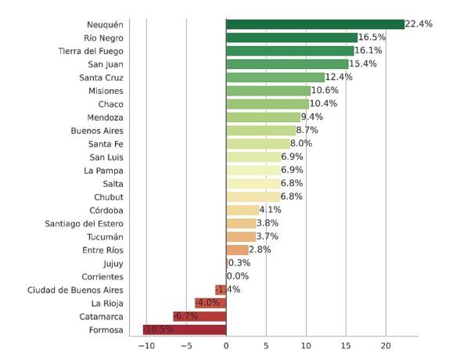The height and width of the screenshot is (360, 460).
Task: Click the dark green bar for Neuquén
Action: (314, 24)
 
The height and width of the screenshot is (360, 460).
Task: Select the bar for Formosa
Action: (185, 329)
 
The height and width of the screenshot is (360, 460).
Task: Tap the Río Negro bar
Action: (291, 38)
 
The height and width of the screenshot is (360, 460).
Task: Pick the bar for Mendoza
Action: (263, 117)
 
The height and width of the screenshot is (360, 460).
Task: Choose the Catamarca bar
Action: (199, 316)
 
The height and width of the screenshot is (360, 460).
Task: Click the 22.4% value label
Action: (419, 24)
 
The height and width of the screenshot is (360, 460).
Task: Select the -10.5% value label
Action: (159, 329)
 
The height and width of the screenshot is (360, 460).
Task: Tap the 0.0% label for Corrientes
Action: (237, 276)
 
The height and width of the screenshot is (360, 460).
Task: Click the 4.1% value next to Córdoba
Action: (270, 210)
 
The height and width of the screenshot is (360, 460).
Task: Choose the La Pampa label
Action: (104, 170)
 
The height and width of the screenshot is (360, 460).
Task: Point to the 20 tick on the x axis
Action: (385, 346)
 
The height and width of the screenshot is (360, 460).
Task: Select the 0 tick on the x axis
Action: (226, 346)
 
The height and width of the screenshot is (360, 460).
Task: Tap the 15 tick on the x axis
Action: (345, 346)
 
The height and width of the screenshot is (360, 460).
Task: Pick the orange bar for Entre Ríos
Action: (237, 250)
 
